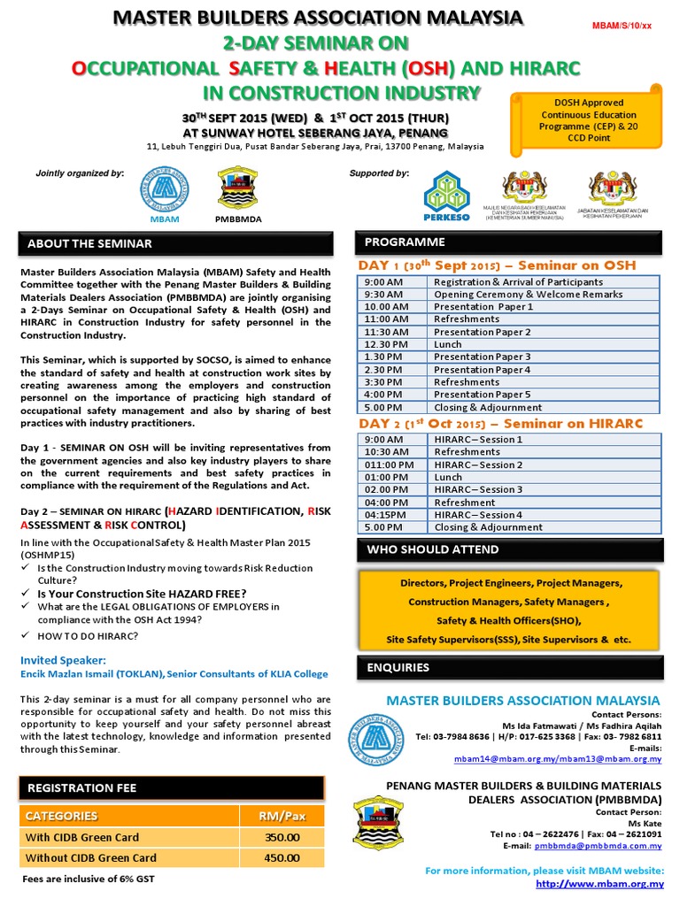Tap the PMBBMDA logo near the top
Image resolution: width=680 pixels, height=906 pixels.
(x=238, y=188)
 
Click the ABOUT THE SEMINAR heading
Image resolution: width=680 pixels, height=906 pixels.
(x=89, y=243)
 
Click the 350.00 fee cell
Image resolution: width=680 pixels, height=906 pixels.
(x=282, y=837)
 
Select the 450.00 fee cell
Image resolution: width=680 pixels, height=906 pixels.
(x=282, y=857)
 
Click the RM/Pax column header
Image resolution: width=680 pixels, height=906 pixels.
(x=282, y=815)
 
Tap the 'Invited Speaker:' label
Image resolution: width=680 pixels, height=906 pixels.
(x=63, y=660)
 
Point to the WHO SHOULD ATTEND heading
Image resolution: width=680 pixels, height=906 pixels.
(x=433, y=549)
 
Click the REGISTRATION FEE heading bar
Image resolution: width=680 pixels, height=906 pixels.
(x=82, y=787)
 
